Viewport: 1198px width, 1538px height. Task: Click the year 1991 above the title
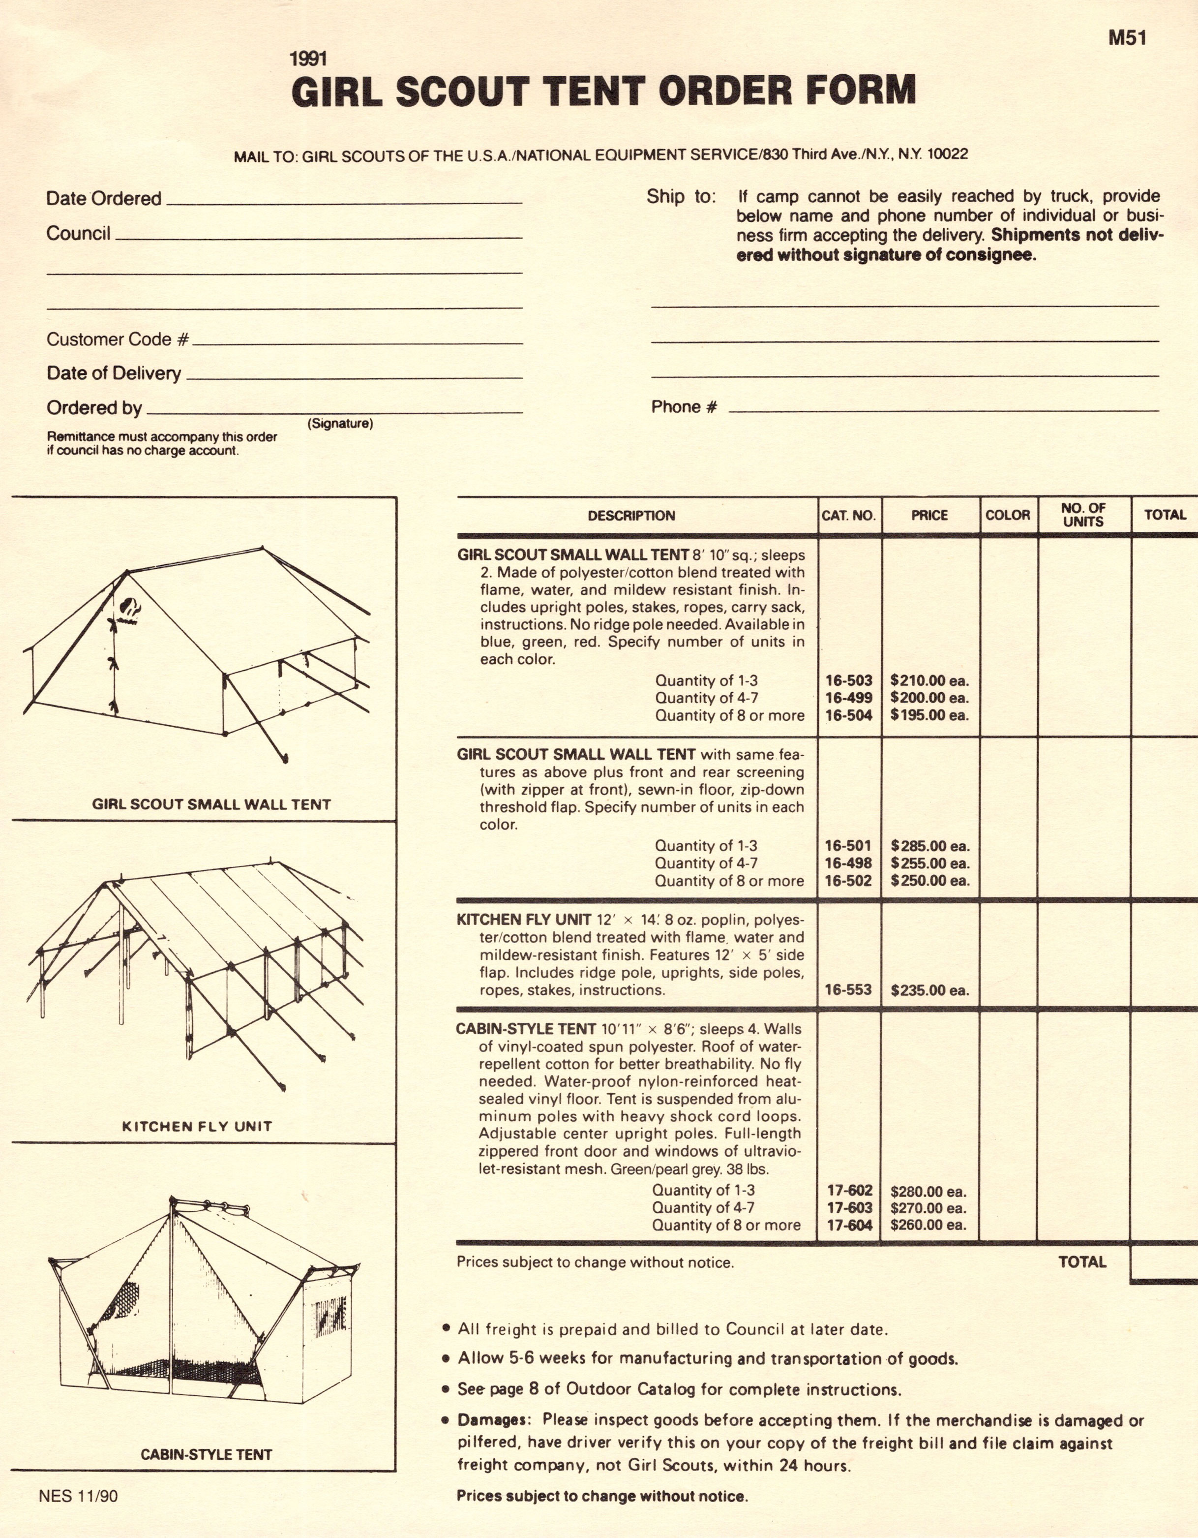[x=308, y=59]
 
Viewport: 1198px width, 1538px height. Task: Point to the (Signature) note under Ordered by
[x=340, y=423]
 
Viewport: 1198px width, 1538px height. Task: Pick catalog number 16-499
[x=848, y=698]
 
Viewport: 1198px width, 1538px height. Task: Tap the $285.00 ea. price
[x=929, y=846]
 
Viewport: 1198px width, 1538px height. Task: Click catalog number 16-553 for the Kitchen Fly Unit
[x=848, y=990]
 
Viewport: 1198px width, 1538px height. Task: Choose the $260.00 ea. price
[x=928, y=1225]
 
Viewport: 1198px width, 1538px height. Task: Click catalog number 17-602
[x=850, y=1190]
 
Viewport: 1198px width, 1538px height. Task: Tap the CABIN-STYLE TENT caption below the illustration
[x=206, y=1454]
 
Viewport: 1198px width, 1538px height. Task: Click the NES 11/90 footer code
[x=78, y=1496]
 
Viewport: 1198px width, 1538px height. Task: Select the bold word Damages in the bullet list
[x=492, y=1420]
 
